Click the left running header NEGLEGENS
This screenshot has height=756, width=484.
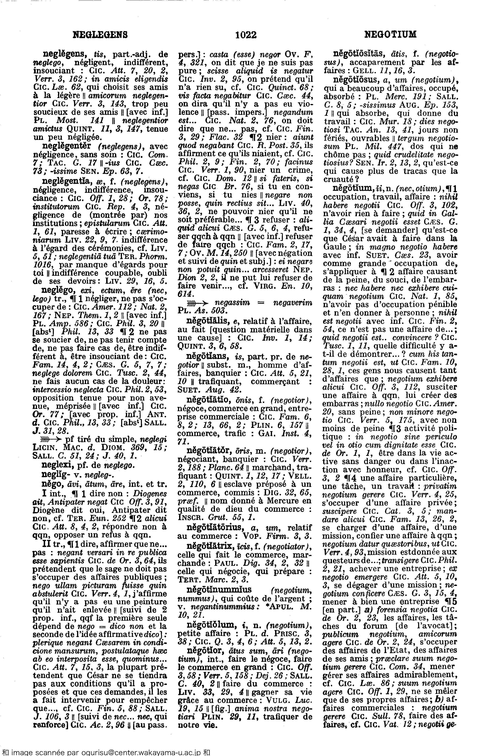point(100,35)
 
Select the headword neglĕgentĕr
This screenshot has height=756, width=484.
point(66,146)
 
